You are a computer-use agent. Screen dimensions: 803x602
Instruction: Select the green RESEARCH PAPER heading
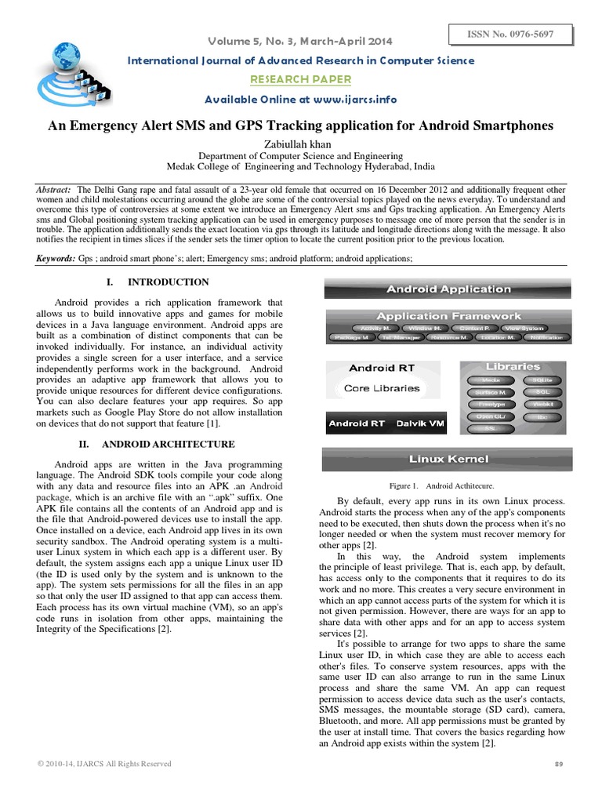300,80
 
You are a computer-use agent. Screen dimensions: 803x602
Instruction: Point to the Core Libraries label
382,388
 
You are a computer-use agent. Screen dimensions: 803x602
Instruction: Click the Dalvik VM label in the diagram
420,423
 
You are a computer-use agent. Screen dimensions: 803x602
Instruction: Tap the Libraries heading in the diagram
512,366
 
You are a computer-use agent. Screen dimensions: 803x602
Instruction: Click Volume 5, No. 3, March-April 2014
301,41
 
